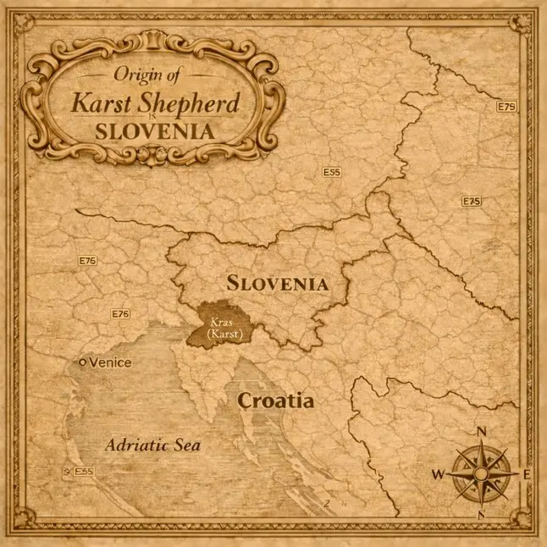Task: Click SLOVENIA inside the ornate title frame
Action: (153, 131)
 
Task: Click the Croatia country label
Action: (275, 401)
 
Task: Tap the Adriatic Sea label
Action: (152, 444)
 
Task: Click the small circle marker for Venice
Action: (82, 362)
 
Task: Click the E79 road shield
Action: (506, 107)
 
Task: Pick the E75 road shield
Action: (472, 202)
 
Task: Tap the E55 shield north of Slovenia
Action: (331, 172)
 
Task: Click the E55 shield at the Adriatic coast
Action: (82, 472)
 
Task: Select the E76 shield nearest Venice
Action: (121, 314)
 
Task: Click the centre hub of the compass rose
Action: (481, 472)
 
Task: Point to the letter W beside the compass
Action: (438, 474)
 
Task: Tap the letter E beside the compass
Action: (526, 474)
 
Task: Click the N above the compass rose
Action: (482, 431)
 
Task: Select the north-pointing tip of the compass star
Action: (481, 442)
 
